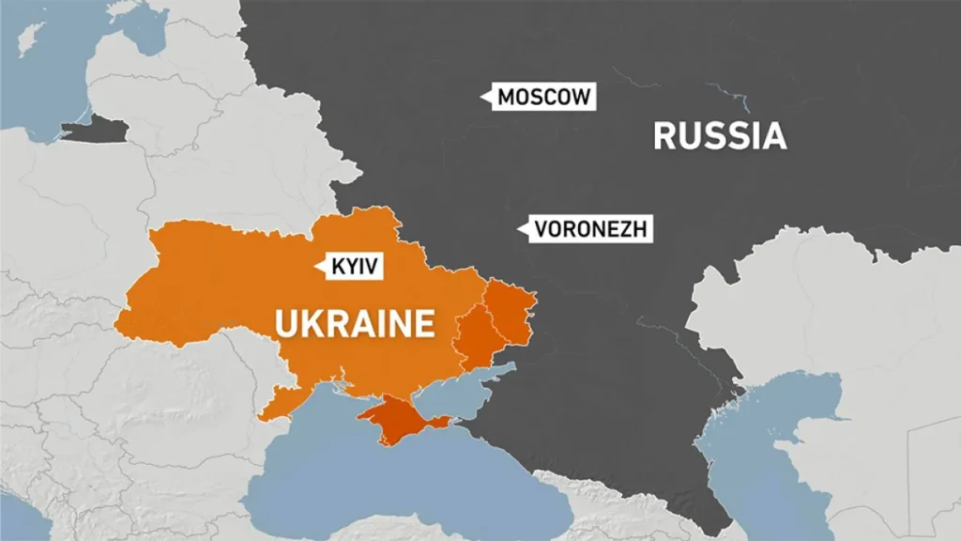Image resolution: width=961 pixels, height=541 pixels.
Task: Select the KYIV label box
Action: (x=355, y=267)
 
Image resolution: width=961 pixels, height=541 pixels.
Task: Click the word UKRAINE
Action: (x=355, y=324)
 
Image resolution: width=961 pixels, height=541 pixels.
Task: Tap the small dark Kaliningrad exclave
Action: (x=95, y=131)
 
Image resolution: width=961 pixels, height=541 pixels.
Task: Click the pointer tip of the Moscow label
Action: (x=480, y=96)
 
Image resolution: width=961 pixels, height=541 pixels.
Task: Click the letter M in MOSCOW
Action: (x=506, y=96)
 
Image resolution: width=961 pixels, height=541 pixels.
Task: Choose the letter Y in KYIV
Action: (x=354, y=267)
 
